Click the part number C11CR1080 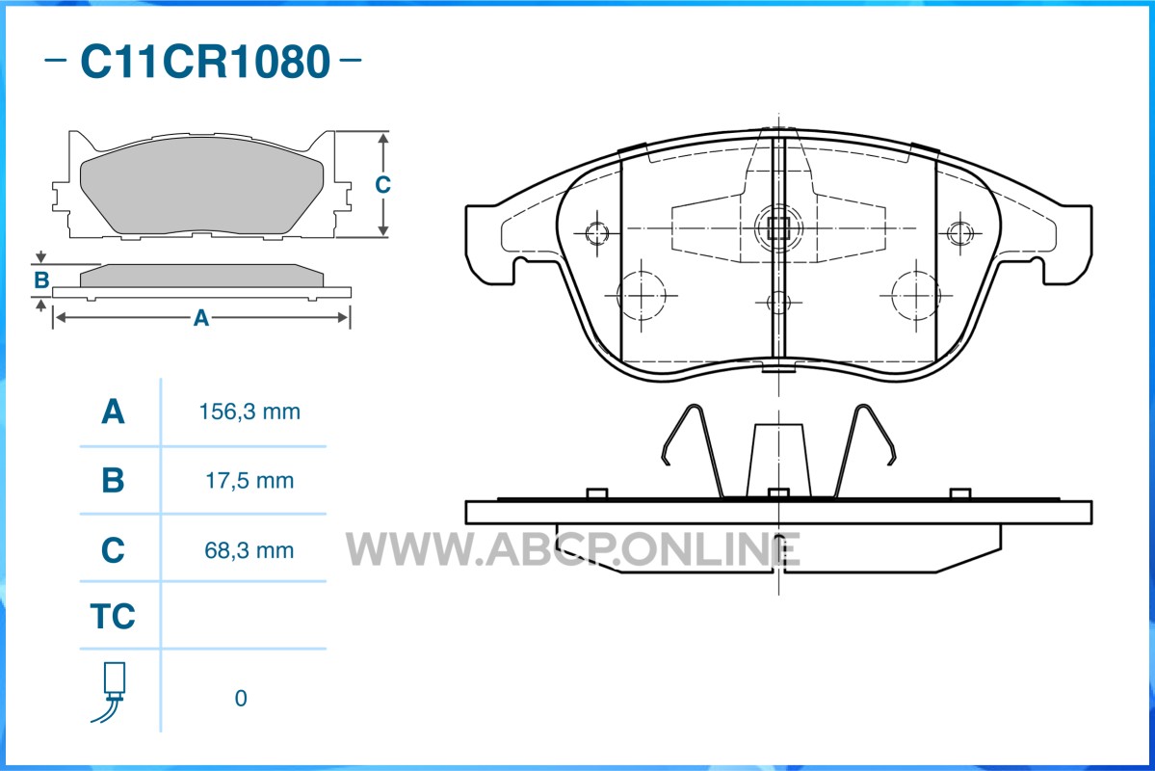205,61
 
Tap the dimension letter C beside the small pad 382,184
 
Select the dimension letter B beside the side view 42,280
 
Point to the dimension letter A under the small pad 201,318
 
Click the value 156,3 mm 249,412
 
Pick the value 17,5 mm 249,481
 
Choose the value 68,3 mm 249,550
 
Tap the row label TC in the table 113,616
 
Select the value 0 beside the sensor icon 241,698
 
